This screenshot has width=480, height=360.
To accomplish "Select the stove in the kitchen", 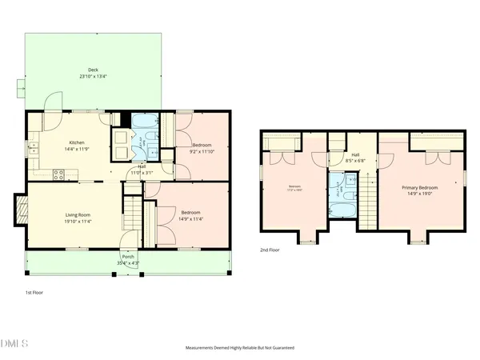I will point(58,173).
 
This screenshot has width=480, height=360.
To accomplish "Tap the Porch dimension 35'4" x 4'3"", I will point(128,262).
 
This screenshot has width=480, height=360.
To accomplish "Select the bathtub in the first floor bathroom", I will point(146,123).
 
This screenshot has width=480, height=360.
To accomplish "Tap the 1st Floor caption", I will point(33,294).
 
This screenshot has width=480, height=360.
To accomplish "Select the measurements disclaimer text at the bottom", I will point(239,349).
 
